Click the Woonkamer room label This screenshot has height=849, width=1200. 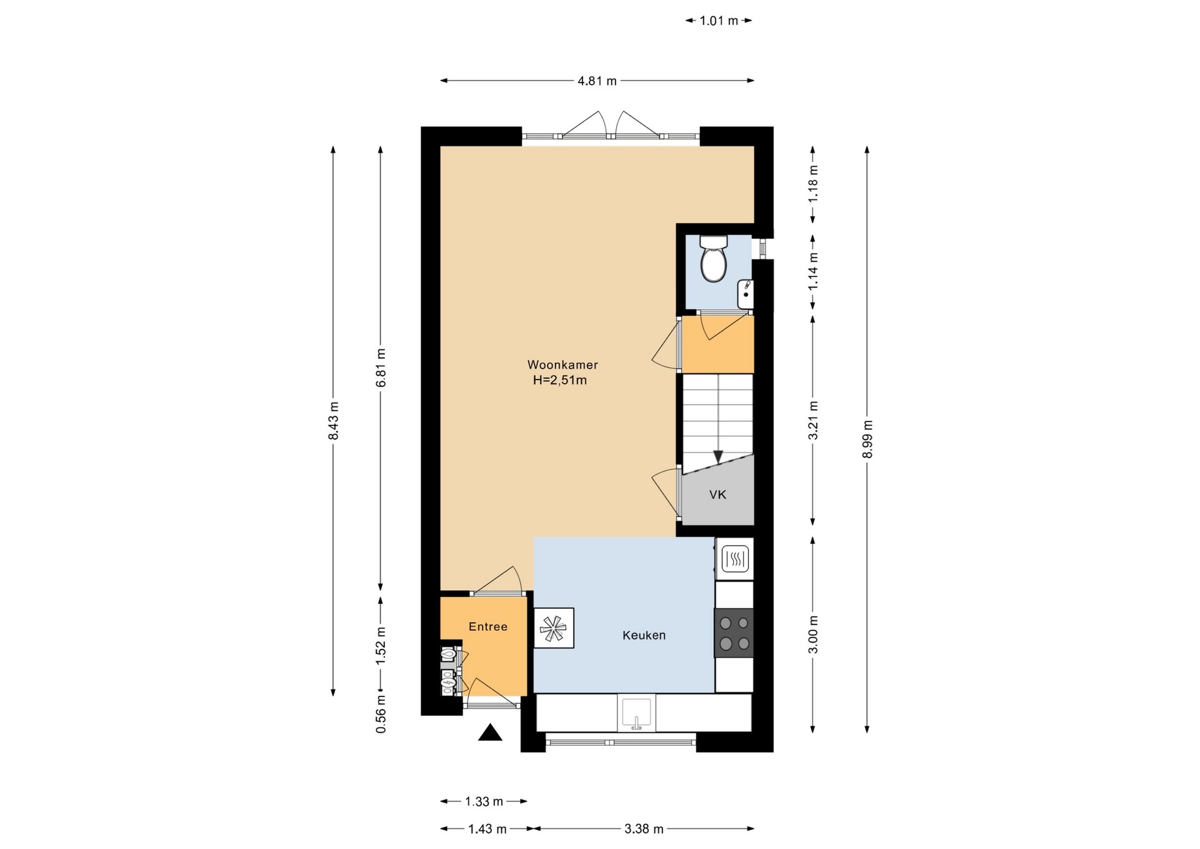tap(562, 364)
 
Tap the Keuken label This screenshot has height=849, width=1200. tap(644, 635)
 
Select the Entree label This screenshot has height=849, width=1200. tap(488, 626)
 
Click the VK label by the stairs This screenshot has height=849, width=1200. tap(717, 495)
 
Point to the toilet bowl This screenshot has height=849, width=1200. tap(713, 259)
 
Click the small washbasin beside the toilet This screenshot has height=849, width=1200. tap(745, 294)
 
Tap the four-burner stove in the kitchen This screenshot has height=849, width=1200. tap(734, 633)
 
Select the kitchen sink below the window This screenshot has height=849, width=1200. tap(636, 713)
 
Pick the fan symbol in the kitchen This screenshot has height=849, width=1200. tap(554, 628)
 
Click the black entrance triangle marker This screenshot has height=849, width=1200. tap(490, 732)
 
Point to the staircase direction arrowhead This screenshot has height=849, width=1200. tap(718, 457)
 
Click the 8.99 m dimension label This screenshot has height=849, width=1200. tap(867, 439)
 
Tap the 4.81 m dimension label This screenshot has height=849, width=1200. tap(597, 81)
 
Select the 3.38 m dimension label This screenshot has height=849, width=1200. tap(644, 829)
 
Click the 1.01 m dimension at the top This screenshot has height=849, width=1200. tap(719, 21)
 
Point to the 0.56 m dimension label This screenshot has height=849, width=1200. tap(381, 713)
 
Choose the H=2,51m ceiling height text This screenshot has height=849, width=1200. tap(560, 380)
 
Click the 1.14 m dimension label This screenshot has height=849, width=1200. tap(812, 271)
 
